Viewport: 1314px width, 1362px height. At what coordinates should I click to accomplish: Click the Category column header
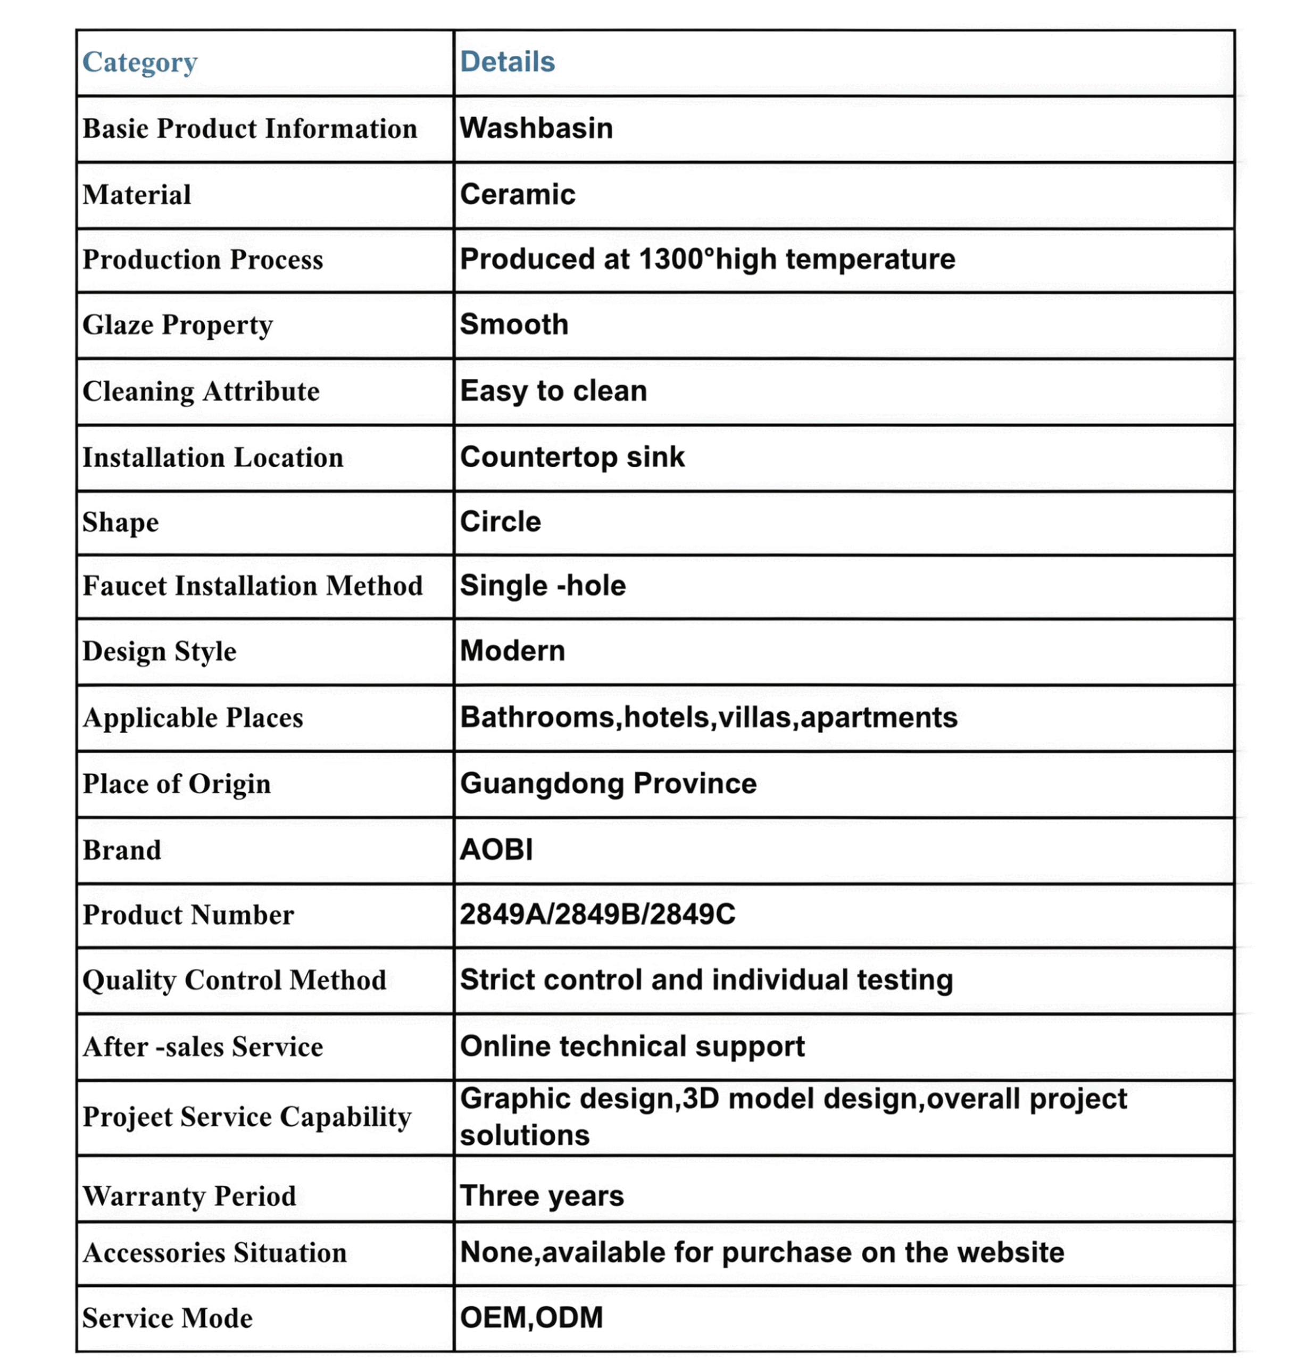pos(140,63)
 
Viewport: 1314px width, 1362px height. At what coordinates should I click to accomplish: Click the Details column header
pos(508,62)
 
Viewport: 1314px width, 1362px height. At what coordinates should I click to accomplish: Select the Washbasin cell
pos(536,129)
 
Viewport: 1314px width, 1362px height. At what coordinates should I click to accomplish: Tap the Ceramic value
pos(518,195)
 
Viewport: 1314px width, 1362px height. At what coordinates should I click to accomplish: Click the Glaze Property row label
pos(178,325)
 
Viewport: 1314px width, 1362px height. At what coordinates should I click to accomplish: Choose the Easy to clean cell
pos(553,391)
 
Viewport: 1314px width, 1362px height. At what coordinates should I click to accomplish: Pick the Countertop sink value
pos(572,457)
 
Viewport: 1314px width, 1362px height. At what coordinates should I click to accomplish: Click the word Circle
pos(500,522)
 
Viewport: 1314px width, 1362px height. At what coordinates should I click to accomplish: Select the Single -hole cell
pos(543,586)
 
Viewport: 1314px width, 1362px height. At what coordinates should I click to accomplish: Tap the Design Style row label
pos(159,652)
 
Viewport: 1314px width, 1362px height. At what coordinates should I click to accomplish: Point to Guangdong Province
pos(608,784)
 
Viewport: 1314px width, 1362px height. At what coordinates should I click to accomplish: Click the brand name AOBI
pos(496,850)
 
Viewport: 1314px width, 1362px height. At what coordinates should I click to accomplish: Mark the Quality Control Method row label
pos(234,981)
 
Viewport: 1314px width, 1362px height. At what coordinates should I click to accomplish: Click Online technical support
pos(631,1047)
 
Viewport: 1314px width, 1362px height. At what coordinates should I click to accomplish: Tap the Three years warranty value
pos(542,1196)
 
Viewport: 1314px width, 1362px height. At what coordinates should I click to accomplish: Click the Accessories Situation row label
pos(214,1253)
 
